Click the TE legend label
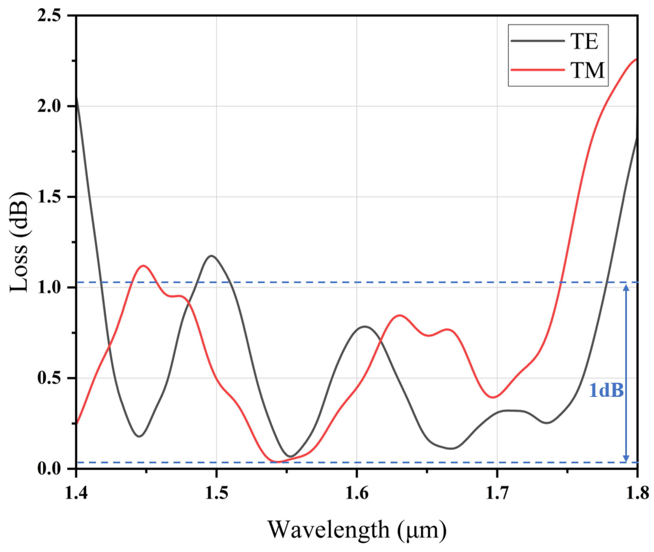[x=584, y=42]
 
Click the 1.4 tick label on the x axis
[x=76, y=494]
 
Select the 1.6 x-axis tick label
[x=357, y=494]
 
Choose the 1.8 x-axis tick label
[x=637, y=494]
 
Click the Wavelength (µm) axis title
[x=357, y=530]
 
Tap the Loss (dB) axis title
[x=19, y=243]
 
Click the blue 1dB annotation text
[x=606, y=391]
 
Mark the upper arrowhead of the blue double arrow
[x=626, y=288]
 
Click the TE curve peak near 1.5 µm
[x=212, y=256]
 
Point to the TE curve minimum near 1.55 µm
[x=291, y=456]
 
